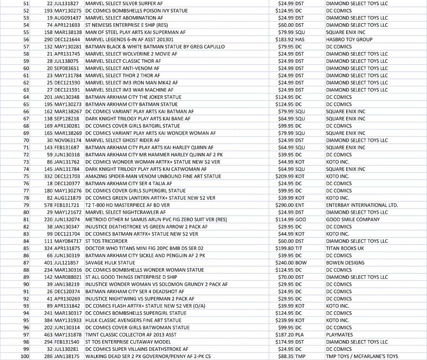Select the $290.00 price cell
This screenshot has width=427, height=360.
285,205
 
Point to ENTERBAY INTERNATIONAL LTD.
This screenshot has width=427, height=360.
362,205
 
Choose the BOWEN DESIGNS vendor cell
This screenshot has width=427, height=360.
345,263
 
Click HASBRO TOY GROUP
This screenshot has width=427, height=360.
349,39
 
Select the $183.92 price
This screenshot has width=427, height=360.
285,39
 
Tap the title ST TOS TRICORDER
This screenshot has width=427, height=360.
106,241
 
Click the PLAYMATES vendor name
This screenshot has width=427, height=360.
339,335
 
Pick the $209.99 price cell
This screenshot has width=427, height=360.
285,176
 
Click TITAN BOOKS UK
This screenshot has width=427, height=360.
345,248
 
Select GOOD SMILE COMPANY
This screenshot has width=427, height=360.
353,219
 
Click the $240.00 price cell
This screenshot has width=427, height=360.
285,263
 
